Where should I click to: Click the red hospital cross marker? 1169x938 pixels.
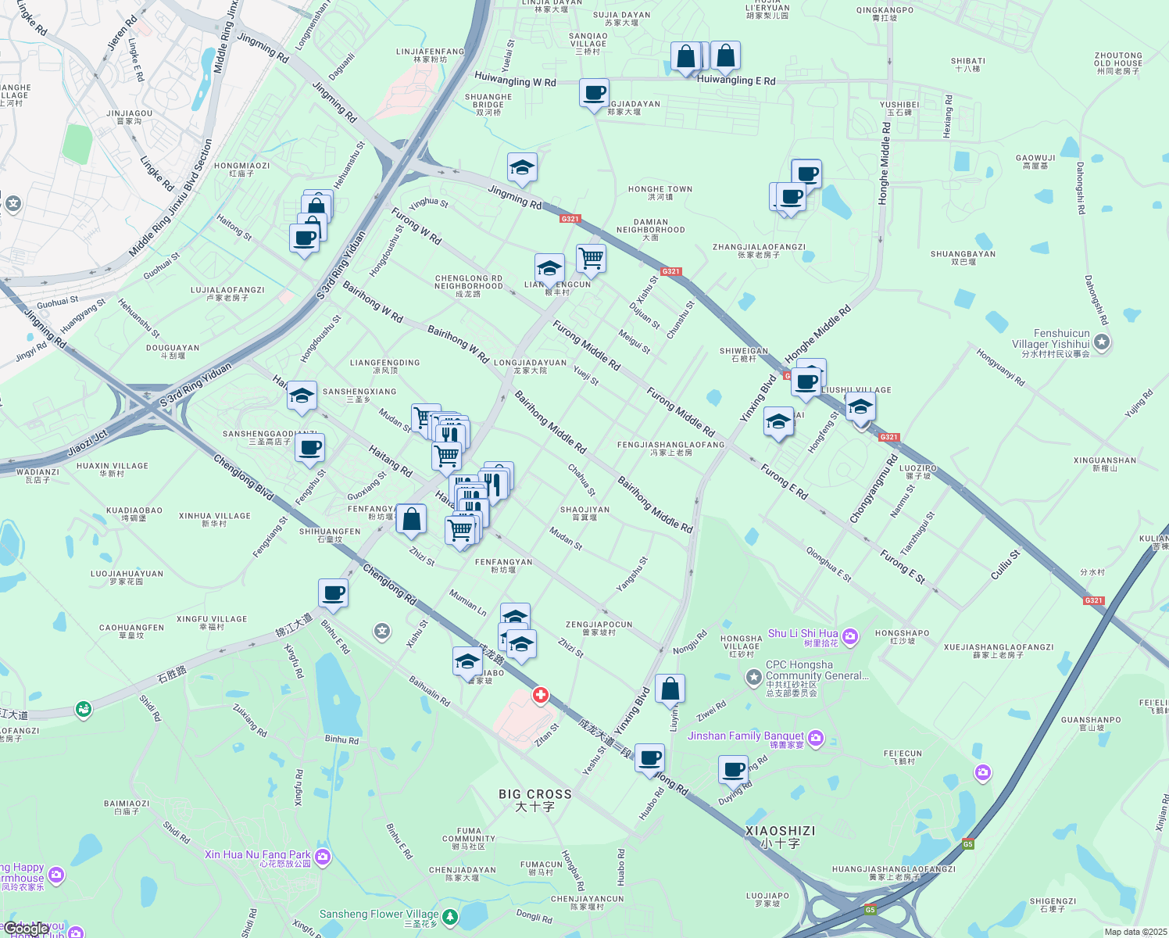(x=540, y=695)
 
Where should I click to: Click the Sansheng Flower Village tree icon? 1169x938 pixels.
(x=450, y=916)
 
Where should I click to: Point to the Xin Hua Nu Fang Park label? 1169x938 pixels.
(x=258, y=855)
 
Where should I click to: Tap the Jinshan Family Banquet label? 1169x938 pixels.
(x=745, y=736)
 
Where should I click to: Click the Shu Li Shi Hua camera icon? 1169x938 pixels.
(x=850, y=636)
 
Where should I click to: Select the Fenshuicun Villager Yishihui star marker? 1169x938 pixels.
(x=1102, y=342)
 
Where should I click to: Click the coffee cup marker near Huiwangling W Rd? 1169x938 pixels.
(x=594, y=93)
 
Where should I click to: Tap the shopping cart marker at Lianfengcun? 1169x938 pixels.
(x=592, y=257)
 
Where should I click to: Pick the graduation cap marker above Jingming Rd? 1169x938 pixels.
(x=522, y=167)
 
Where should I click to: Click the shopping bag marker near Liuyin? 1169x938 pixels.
(x=670, y=689)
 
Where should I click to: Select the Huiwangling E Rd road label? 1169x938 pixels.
(x=736, y=81)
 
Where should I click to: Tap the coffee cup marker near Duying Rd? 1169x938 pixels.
(x=733, y=769)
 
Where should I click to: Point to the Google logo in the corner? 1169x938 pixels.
(x=27, y=929)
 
